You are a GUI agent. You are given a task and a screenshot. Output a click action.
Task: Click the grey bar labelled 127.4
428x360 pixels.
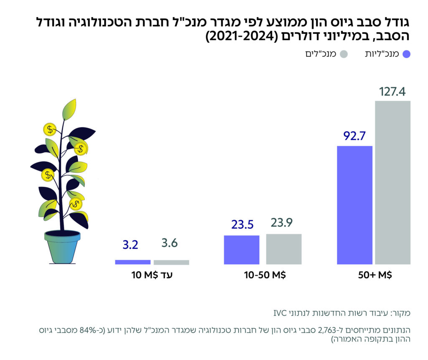click(x=392, y=182)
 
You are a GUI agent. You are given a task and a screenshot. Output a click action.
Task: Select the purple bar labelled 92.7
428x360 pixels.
click(x=354, y=205)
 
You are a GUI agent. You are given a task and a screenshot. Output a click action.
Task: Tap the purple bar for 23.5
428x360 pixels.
click(x=242, y=250)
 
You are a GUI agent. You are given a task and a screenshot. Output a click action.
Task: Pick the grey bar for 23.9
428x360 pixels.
click(x=284, y=249)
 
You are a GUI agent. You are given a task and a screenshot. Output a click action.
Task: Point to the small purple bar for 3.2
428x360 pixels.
click(x=132, y=262)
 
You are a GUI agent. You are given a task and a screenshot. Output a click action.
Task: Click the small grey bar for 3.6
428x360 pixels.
click(x=171, y=262)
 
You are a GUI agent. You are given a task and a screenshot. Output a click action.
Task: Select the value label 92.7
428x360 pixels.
click(x=354, y=136)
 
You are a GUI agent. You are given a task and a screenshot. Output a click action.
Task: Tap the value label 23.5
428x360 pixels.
click(x=242, y=225)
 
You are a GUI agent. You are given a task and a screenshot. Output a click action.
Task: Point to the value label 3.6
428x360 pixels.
click(x=170, y=243)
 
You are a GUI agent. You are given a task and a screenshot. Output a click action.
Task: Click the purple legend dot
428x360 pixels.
click(x=407, y=54)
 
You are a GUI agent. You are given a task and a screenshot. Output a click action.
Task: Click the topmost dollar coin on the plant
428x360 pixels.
click(x=50, y=130)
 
